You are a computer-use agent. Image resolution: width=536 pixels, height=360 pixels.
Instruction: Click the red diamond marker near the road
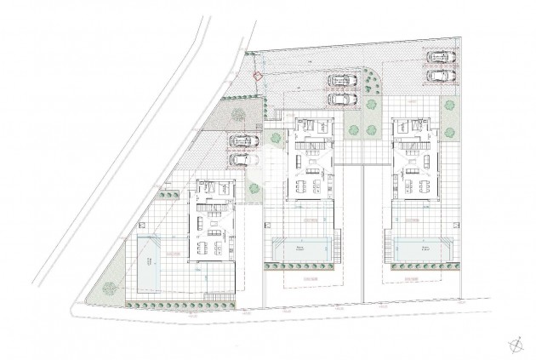(x=257, y=76)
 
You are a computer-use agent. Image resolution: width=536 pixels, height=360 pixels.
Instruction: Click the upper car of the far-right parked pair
(x=438, y=58)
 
